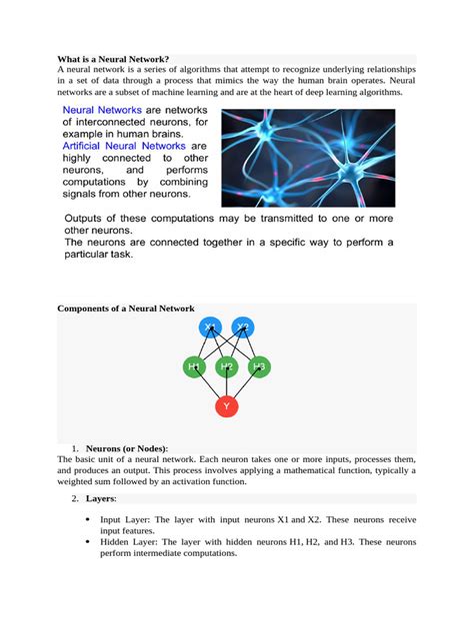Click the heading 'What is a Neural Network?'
coord(113,60)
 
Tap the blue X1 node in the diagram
coord(209,326)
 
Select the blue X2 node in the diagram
coord(243,326)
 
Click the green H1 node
coord(194,367)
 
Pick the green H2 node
coord(227,367)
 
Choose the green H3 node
coord(259,367)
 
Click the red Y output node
coord(227,406)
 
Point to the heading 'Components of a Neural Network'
coord(126,310)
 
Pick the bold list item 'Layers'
coord(102,497)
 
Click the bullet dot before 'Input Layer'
coord(89,519)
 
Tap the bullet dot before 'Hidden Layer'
coord(89,541)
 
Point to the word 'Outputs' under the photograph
coord(88,219)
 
